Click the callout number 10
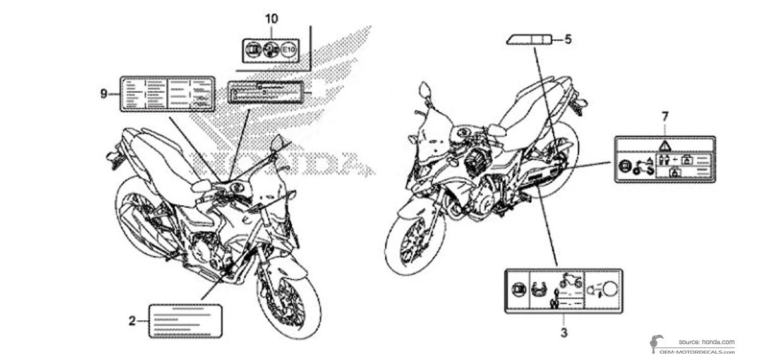pos(271,18)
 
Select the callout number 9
pos(103,93)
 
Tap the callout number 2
pos(132,321)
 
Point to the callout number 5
pos(567,40)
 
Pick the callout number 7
pos(664,116)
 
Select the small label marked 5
pos(527,40)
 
